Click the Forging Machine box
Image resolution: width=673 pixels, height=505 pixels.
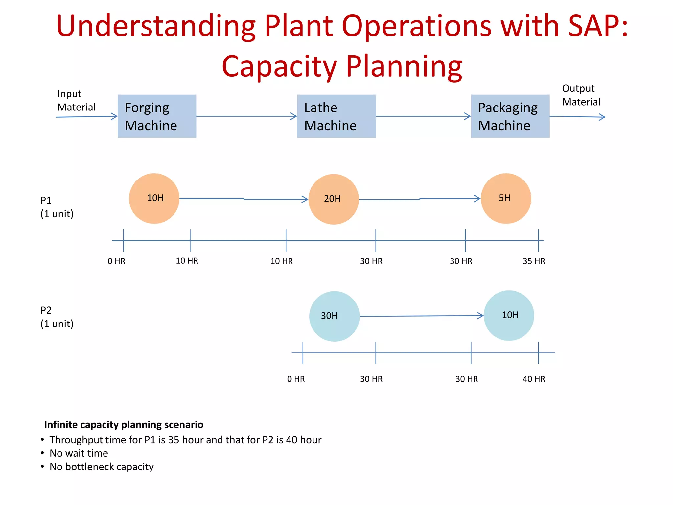click(157, 116)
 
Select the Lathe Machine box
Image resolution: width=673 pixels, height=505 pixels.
click(336, 116)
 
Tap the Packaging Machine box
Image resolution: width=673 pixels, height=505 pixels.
click(510, 116)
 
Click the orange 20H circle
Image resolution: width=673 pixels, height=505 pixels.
click(334, 199)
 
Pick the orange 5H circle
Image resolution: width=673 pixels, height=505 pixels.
click(506, 198)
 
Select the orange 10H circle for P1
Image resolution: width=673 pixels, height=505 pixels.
click(154, 198)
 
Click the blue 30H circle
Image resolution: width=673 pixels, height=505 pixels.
click(334, 316)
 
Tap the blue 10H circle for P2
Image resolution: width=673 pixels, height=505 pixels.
click(509, 315)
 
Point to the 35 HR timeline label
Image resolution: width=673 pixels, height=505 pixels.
click(534, 261)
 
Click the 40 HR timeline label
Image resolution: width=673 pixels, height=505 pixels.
click(534, 379)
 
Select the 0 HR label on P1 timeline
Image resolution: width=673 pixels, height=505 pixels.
click(116, 261)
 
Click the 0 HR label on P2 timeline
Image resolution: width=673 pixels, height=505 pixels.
click(296, 379)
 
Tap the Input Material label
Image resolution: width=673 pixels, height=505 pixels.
click(76, 100)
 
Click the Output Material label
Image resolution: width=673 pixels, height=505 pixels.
click(581, 95)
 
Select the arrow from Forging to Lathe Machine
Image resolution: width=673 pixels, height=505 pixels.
click(246, 116)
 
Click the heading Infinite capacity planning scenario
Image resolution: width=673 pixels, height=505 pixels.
click(124, 424)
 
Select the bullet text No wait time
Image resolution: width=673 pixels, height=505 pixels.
click(79, 453)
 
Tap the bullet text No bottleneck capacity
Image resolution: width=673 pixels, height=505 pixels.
click(102, 467)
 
